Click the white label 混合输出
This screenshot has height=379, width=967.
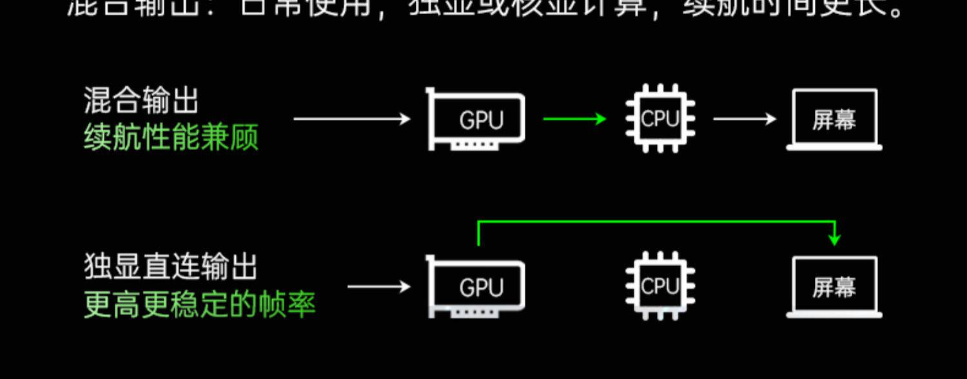tap(141, 102)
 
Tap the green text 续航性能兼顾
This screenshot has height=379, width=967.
tap(171, 137)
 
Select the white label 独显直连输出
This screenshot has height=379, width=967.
tap(170, 267)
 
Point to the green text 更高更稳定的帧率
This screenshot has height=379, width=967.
tap(200, 304)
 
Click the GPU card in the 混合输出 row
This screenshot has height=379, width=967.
tap(476, 120)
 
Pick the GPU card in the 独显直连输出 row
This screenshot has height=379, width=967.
tap(476, 287)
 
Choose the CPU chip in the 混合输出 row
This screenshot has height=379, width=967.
tap(660, 119)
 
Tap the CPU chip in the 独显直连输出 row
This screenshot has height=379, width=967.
tap(660, 286)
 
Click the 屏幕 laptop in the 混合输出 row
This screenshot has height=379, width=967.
tap(834, 120)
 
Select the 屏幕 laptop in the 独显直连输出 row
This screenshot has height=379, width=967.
tap(834, 287)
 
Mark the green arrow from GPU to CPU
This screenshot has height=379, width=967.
tap(574, 119)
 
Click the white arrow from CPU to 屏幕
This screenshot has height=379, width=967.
tap(745, 119)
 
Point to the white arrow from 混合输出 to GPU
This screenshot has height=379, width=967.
tap(352, 119)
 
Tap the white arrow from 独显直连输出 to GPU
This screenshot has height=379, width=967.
tap(379, 286)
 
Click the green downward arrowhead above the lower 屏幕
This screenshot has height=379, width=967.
tap(835, 240)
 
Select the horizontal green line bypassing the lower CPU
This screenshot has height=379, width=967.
tap(656, 222)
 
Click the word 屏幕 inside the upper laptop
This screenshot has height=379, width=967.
tap(834, 120)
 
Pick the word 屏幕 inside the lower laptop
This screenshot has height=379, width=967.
tap(834, 287)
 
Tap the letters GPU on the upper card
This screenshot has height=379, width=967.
tap(481, 121)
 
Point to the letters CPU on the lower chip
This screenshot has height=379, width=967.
tap(660, 286)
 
